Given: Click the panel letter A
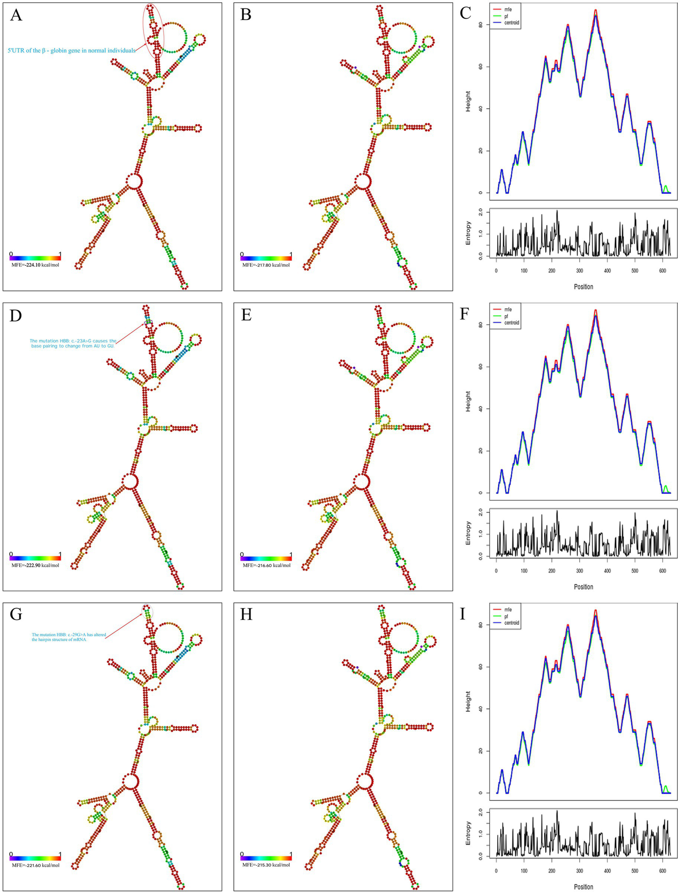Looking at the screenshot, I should [x=16, y=15].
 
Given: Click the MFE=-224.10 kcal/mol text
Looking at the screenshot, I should [x=35, y=265].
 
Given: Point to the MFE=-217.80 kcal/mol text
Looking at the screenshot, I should [x=266, y=265].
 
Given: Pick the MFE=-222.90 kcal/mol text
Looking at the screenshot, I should [x=35, y=565].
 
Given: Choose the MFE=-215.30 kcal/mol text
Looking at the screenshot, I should [x=266, y=865].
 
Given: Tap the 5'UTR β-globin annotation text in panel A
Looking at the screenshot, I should [x=71, y=51].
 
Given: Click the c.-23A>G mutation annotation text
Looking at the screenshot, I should [x=73, y=343].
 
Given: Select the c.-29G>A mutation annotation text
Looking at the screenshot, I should [x=69, y=637].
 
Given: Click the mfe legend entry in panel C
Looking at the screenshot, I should [x=505, y=9].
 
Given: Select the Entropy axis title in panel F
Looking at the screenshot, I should [x=468, y=533].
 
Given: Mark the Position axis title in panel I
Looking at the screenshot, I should [x=583, y=887].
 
